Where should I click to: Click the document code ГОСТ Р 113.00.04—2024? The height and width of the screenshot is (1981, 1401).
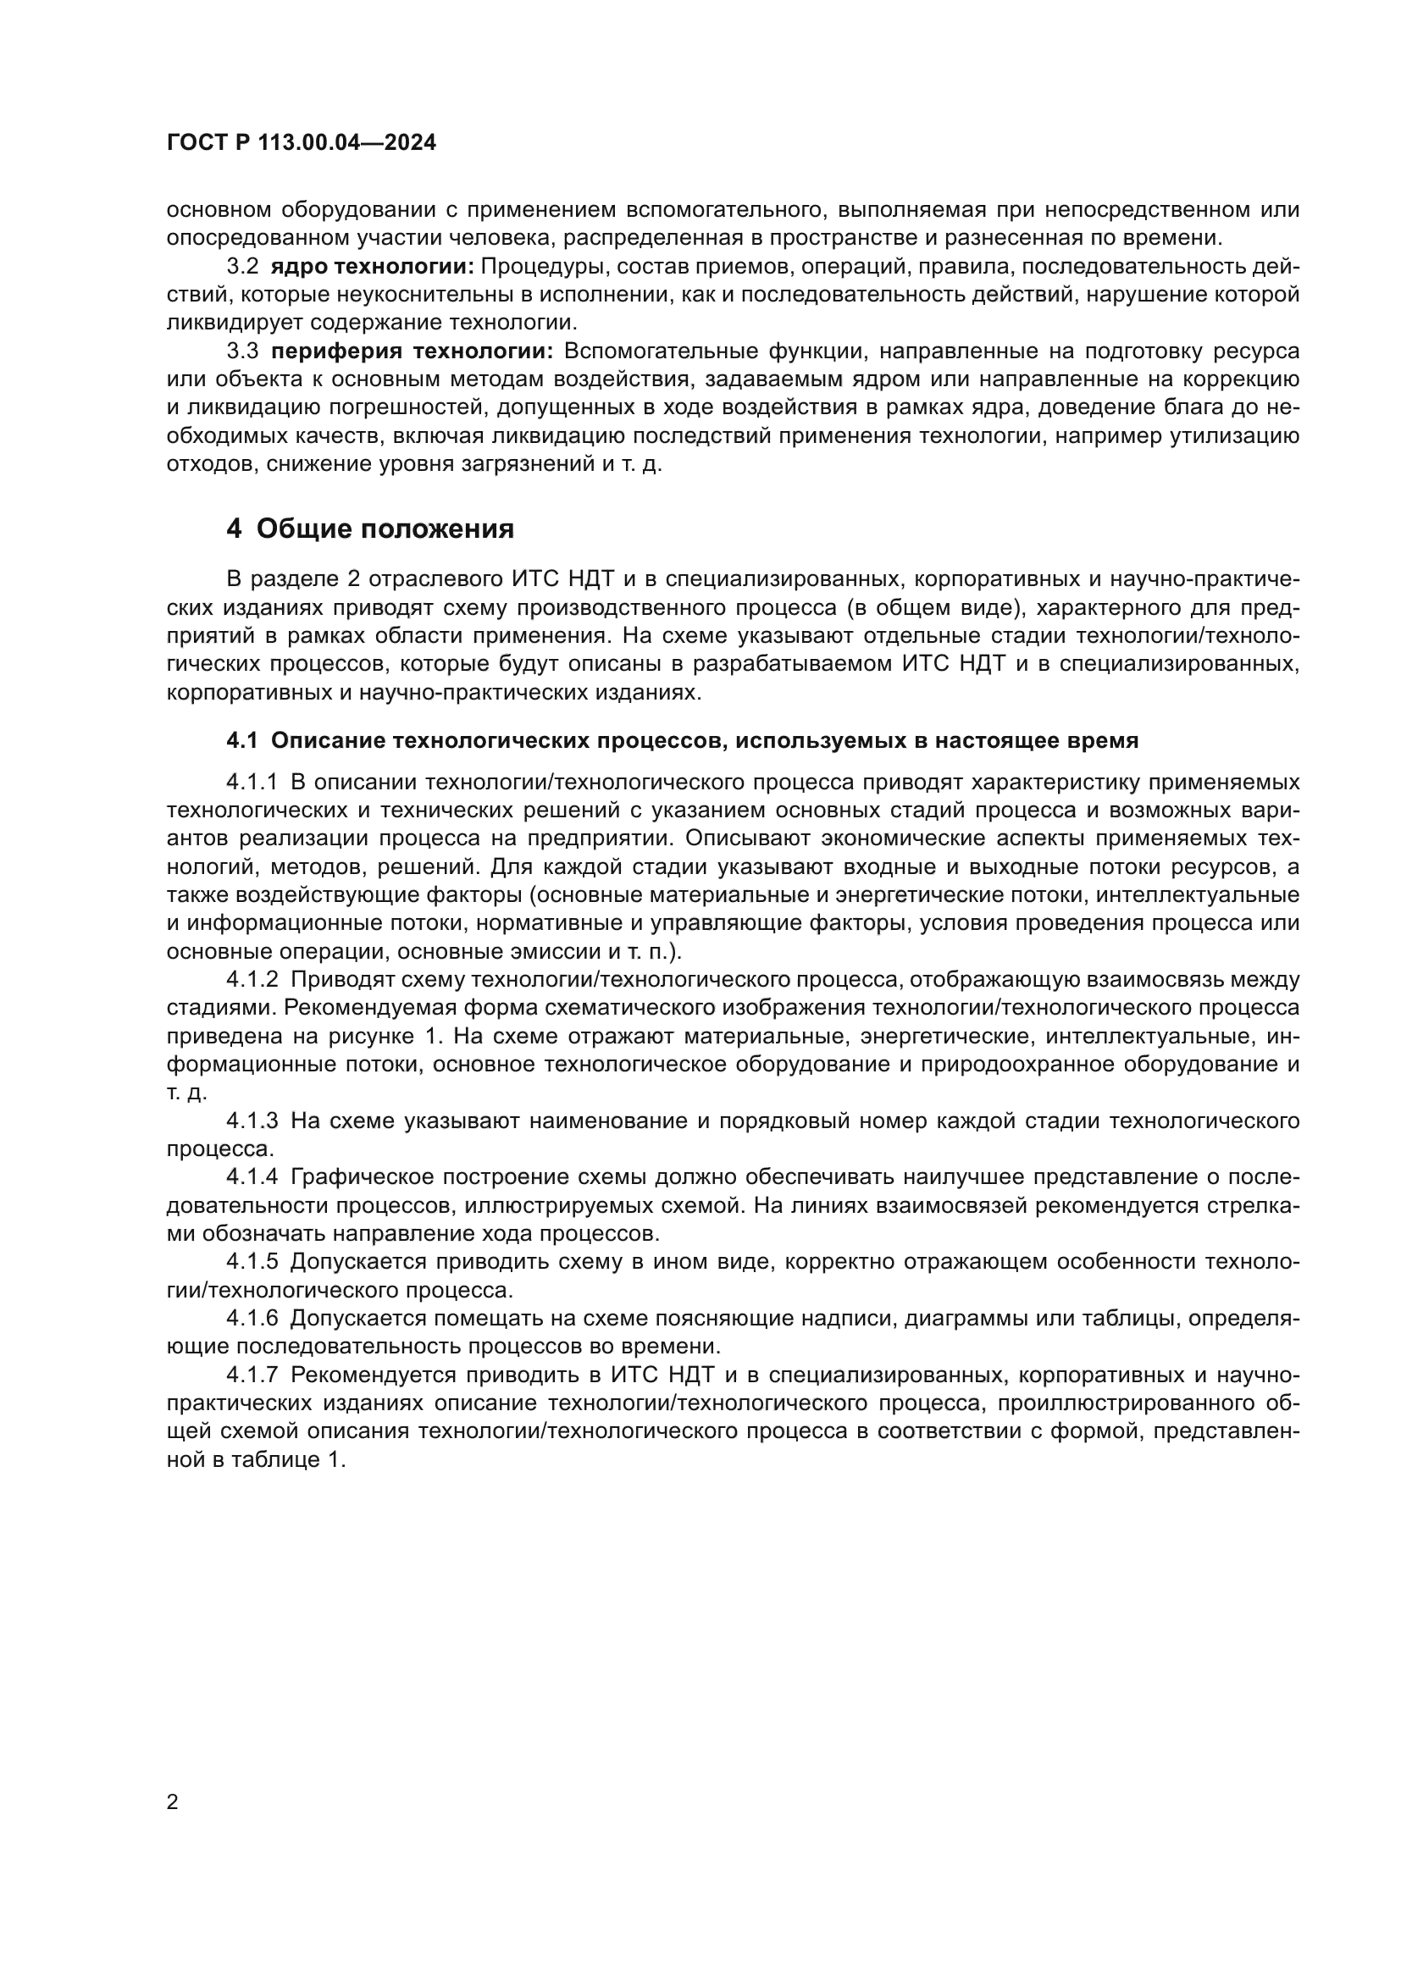301,143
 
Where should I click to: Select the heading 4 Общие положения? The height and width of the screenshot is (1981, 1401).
369,528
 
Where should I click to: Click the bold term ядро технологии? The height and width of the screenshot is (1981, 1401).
373,267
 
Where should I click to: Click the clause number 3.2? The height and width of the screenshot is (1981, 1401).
242,267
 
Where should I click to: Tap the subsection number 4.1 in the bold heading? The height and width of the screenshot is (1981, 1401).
242,740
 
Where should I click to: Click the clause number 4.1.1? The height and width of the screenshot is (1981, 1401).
252,782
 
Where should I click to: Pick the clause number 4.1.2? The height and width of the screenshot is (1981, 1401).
252,979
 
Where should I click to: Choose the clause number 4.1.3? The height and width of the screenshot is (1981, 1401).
252,1121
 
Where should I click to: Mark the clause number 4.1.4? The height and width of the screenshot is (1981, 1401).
252,1177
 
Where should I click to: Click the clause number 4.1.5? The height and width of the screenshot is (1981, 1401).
252,1261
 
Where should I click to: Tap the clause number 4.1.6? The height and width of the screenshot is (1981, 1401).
252,1318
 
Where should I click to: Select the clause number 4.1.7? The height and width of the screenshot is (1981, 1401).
252,1374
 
